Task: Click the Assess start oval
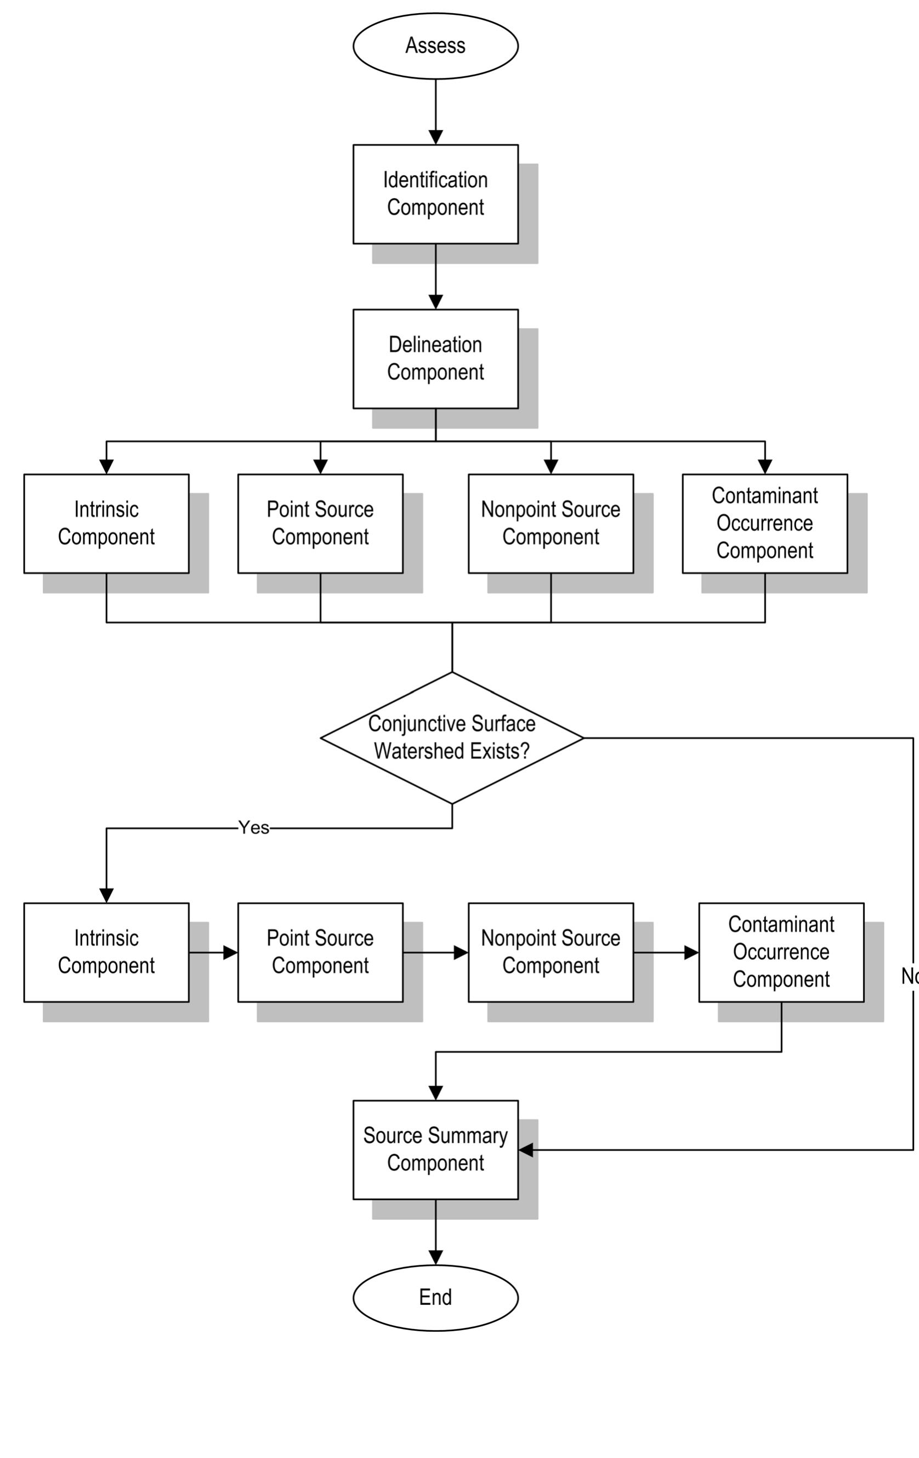click(435, 46)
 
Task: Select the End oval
click(435, 1298)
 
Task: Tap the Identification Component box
click(435, 194)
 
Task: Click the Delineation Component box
click(435, 358)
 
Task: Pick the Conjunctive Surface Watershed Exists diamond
click(452, 738)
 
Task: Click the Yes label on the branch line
click(253, 827)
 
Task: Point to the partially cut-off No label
click(909, 976)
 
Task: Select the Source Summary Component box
click(435, 1149)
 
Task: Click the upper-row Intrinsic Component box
click(106, 523)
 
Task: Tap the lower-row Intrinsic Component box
click(106, 953)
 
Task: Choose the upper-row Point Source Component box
click(320, 523)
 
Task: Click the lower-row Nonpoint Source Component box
click(551, 953)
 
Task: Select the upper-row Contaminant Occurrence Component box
click(765, 523)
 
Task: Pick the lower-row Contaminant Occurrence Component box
click(781, 953)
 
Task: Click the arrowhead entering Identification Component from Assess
click(435, 137)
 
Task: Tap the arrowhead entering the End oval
click(435, 1258)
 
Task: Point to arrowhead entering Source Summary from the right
click(526, 1150)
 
